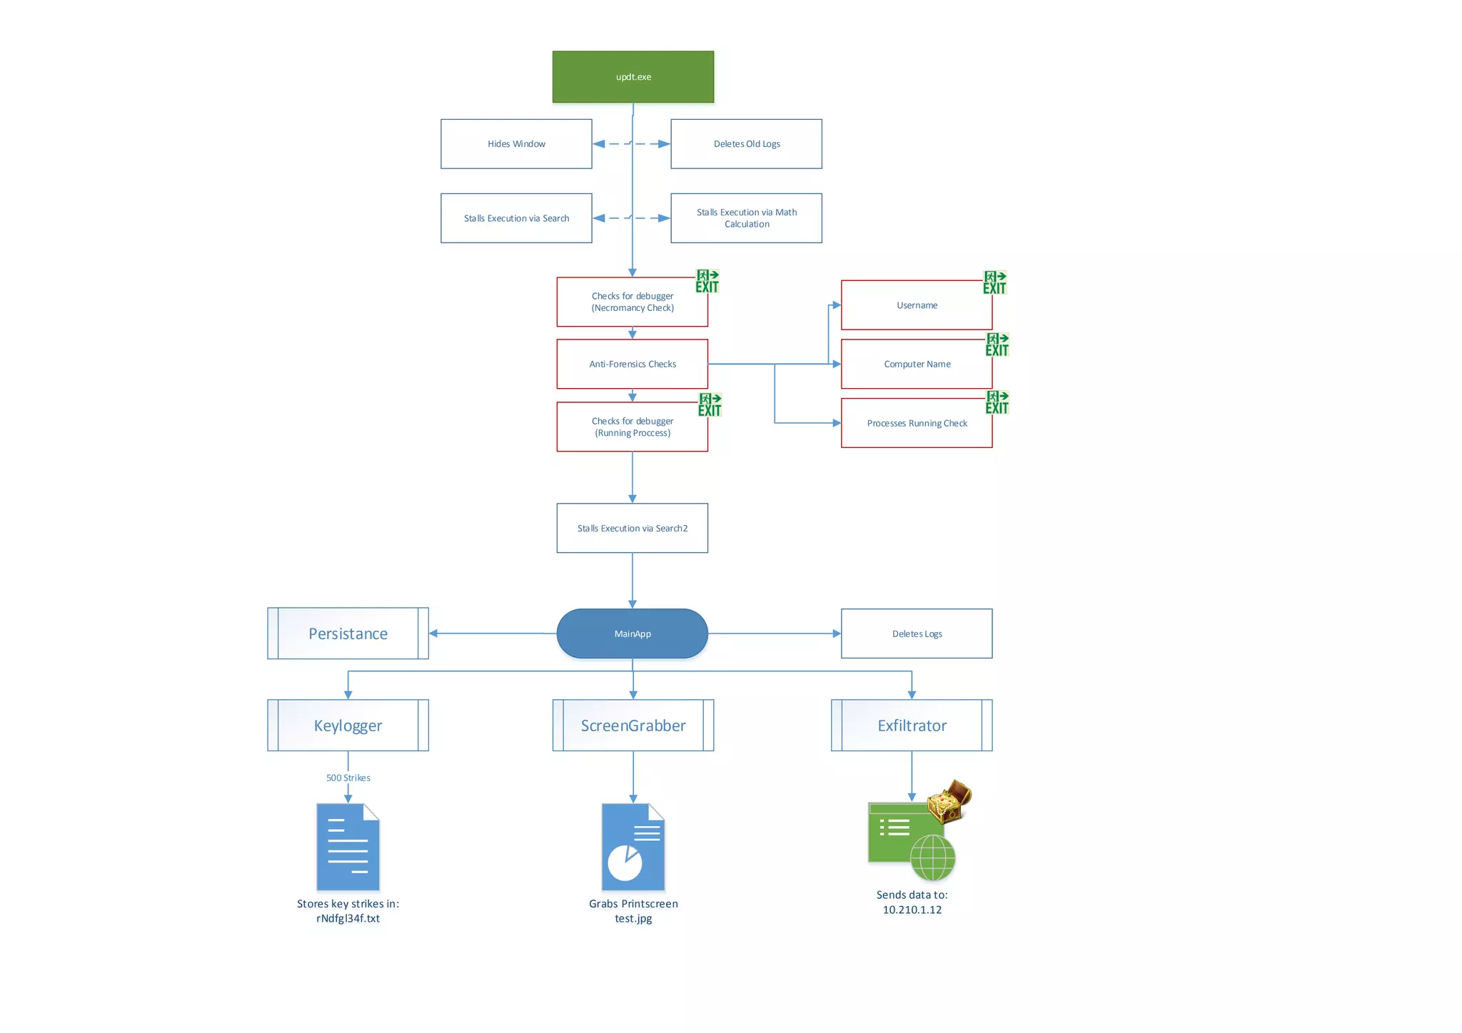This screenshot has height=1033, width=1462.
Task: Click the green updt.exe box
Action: click(632, 77)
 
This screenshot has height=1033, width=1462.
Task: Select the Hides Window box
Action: click(516, 144)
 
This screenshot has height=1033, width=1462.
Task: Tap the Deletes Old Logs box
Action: click(746, 144)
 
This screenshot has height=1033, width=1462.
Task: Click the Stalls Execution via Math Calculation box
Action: click(746, 218)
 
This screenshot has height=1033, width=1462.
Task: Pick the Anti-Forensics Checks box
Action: click(632, 364)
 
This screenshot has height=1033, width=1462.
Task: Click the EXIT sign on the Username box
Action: click(994, 283)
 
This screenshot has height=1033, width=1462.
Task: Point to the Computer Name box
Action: click(917, 364)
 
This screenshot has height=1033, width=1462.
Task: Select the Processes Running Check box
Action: click(917, 423)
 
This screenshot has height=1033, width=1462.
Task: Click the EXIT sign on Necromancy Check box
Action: click(707, 281)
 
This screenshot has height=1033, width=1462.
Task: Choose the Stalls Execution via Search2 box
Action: click(632, 528)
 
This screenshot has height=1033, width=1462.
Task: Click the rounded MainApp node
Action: click(632, 633)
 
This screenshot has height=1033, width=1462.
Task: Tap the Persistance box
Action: click(348, 633)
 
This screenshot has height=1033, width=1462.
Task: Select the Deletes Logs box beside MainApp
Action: click(917, 633)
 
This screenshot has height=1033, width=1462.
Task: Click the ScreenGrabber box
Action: click(632, 726)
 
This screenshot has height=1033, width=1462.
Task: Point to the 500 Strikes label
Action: click(348, 778)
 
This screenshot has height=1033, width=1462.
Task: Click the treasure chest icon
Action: click(949, 801)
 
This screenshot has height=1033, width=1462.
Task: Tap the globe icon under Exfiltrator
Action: click(933, 858)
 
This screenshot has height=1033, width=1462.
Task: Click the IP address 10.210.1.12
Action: click(912, 910)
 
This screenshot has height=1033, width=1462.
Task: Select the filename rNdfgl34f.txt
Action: click(348, 918)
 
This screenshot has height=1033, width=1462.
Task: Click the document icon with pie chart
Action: click(632, 847)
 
